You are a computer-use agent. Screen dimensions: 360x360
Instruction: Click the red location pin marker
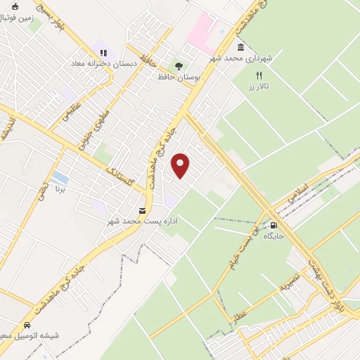pyautogui.click(x=181, y=166)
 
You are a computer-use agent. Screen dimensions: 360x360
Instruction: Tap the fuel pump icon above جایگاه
pyautogui.click(x=274, y=225)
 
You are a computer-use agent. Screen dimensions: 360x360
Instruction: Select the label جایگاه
pyautogui.click(x=274, y=237)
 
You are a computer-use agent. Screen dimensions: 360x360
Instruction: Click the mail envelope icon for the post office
pyautogui.click(x=143, y=210)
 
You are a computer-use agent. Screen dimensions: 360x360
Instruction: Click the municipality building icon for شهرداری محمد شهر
pyautogui.click(x=241, y=47)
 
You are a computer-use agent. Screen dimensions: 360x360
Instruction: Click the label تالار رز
pyautogui.click(x=259, y=86)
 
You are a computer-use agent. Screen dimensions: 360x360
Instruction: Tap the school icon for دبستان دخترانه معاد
pyautogui.click(x=103, y=52)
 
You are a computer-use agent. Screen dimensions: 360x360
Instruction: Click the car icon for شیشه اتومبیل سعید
pyautogui.click(x=27, y=326)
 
